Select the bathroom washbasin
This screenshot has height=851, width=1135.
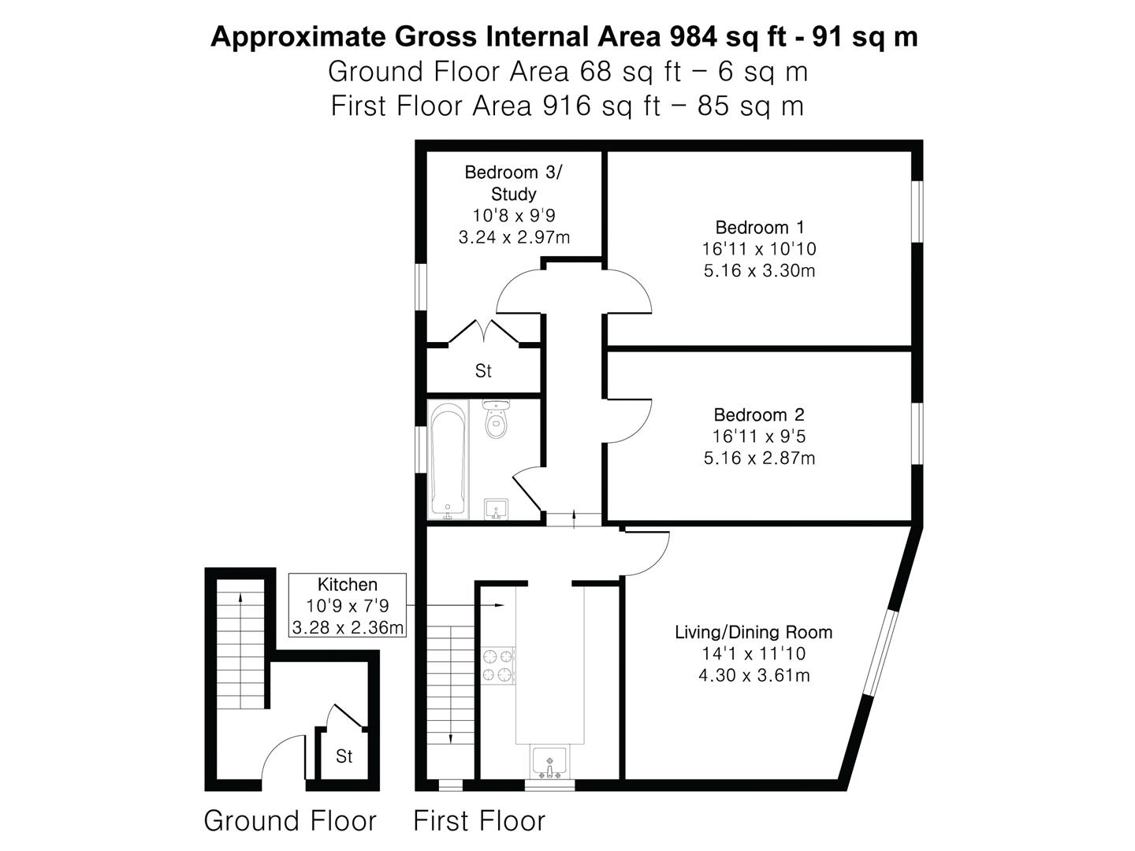click(497, 509)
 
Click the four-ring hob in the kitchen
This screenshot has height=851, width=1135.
click(497, 666)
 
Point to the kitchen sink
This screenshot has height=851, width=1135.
click(549, 762)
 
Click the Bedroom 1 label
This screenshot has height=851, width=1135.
click(760, 228)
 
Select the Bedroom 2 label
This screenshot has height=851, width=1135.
click(759, 414)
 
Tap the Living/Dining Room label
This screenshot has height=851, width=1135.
click(754, 632)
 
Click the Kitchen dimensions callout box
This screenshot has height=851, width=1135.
click(347, 606)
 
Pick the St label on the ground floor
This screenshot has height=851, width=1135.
click(344, 756)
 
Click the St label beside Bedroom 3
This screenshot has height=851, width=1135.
click(483, 370)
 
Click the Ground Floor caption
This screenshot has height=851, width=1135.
click(290, 820)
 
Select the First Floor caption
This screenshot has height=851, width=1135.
click(479, 820)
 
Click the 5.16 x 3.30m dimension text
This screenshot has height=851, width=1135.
click(759, 270)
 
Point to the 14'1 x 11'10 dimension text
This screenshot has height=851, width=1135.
click(754, 654)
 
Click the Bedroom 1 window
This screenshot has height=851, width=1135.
click(917, 211)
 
